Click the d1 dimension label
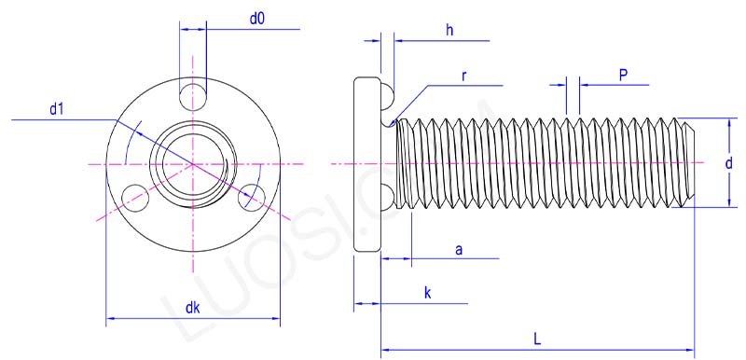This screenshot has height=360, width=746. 57,109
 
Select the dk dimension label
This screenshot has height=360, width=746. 191,307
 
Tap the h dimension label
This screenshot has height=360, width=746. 449,30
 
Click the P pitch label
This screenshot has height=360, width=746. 623,75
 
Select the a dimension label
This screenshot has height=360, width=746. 458,249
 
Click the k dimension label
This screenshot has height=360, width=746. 427,293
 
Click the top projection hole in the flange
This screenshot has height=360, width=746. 193,93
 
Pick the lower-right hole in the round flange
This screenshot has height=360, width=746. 252,197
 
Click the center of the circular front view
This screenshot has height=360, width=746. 193,163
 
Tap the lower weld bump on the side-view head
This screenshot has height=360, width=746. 387,196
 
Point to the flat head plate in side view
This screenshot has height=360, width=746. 366,164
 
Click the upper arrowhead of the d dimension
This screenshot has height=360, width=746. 727,124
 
